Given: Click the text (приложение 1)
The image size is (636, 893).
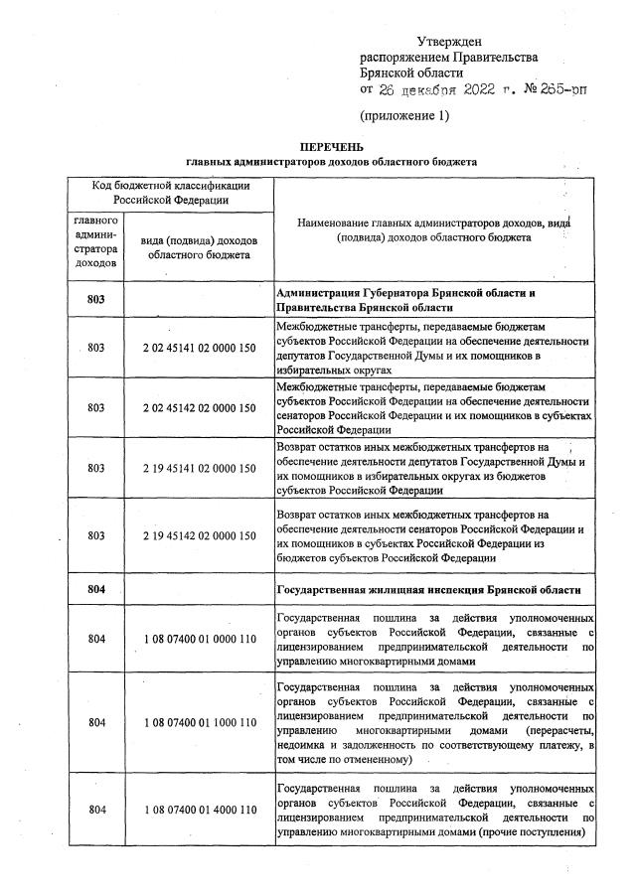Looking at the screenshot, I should (404, 115).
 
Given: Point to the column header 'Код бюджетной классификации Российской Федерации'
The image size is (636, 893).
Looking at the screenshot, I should (170, 193).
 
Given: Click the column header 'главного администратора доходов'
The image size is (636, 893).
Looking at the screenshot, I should (95, 241).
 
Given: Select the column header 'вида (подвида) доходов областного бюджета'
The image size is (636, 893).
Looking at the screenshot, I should (200, 247).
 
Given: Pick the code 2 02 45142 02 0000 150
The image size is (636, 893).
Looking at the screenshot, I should (200, 408).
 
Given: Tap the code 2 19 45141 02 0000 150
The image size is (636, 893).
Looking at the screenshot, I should (200, 468).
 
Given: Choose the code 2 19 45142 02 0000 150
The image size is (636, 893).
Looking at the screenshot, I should (200, 535).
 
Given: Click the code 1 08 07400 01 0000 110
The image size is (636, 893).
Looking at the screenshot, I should (200, 640).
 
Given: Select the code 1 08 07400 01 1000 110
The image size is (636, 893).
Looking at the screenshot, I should (200, 722).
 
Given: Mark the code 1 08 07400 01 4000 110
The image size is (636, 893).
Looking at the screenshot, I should (200, 810).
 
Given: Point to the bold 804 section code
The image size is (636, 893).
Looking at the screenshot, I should (95, 589).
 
